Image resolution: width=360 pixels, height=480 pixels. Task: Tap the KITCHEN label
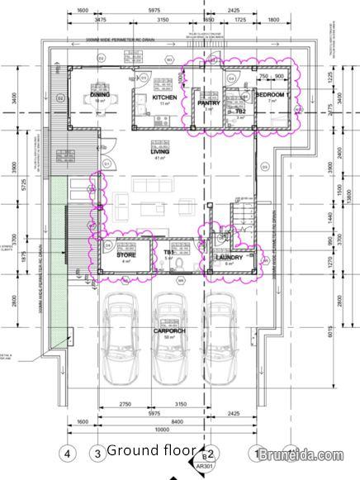[x=164, y=97]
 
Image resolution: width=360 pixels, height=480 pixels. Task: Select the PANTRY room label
[x=207, y=102]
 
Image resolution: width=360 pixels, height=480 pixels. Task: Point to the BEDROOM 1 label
[x=273, y=96]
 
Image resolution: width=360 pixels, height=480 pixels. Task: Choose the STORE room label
[x=126, y=255]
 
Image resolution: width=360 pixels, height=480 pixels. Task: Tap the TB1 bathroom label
[x=168, y=253]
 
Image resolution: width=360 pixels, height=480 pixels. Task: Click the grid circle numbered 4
[x=69, y=453]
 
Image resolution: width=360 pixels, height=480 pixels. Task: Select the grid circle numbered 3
[x=97, y=453]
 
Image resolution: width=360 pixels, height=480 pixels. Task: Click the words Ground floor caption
[x=151, y=450]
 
